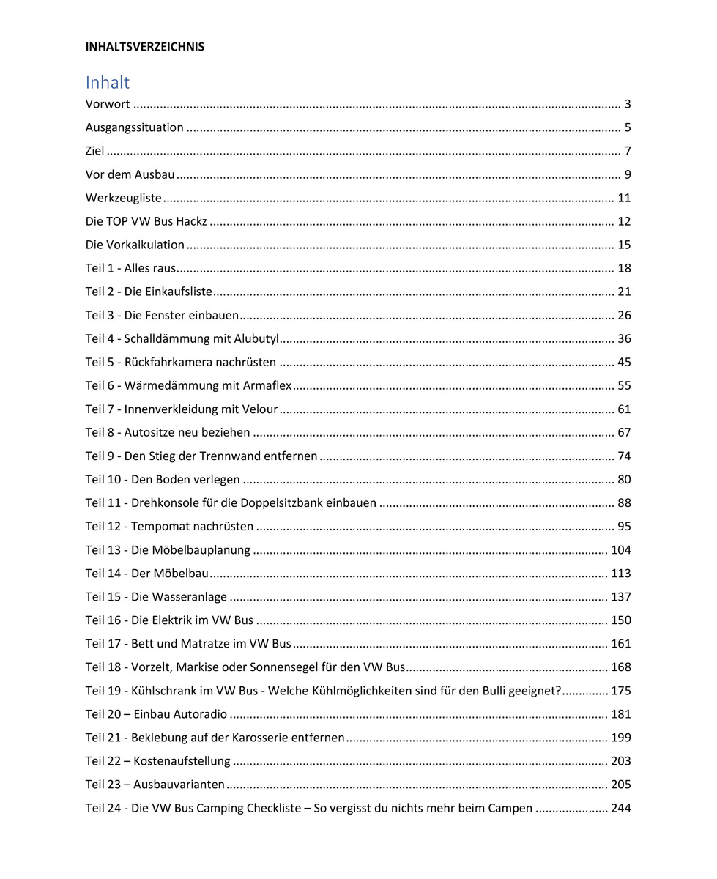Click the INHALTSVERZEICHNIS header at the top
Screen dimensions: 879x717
tap(144, 47)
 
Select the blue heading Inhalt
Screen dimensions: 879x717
tap(107, 82)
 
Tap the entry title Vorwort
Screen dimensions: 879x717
tap(107, 104)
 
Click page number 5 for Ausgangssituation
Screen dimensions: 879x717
tap(627, 127)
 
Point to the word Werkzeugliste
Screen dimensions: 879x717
tap(123, 198)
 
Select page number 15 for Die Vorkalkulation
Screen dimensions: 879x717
tap(624, 245)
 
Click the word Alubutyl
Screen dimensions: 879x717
tap(256, 338)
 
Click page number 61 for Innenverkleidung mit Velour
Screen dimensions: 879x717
tap(624, 409)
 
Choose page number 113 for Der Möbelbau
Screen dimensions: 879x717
tap(621, 574)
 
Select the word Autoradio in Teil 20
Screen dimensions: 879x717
tap(200, 714)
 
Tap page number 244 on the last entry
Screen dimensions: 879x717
tap(621, 808)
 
